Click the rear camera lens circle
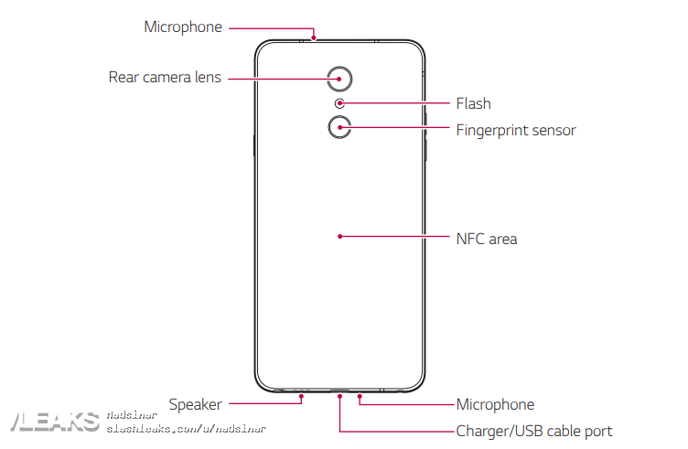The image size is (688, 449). point(339,79)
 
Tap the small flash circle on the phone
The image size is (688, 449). point(339,103)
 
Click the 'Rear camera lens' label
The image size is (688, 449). point(165,78)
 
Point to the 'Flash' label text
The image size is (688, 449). point(473,103)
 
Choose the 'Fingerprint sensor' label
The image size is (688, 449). point(516,130)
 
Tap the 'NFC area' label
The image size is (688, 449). point(487,239)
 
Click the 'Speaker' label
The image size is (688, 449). point(195,403)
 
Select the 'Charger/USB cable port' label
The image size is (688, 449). point(534,431)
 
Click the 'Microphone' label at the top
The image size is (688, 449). point(183,27)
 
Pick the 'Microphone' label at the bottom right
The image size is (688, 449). point(495,403)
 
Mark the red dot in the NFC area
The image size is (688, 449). point(339,236)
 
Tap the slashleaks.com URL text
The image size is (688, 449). point(187,428)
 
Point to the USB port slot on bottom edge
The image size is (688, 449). point(339,391)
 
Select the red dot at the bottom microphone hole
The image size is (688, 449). point(360,398)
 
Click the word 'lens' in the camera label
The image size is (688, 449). point(207,78)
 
